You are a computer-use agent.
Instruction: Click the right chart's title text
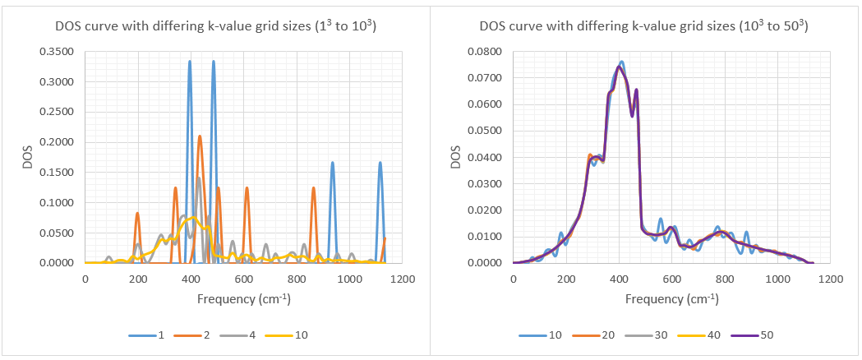pyautogui.click(x=643, y=26)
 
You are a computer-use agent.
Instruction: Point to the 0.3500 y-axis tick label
pyautogui.click(x=58, y=52)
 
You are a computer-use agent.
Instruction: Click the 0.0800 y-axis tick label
pyautogui.click(x=485, y=52)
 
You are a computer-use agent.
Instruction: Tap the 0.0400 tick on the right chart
pyautogui.click(x=485, y=158)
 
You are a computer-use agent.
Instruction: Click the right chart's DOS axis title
pyautogui.click(x=457, y=157)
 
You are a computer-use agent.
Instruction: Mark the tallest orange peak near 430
pyautogui.click(x=200, y=136)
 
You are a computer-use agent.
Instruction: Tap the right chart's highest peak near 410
pyautogui.click(x=621, y=62)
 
